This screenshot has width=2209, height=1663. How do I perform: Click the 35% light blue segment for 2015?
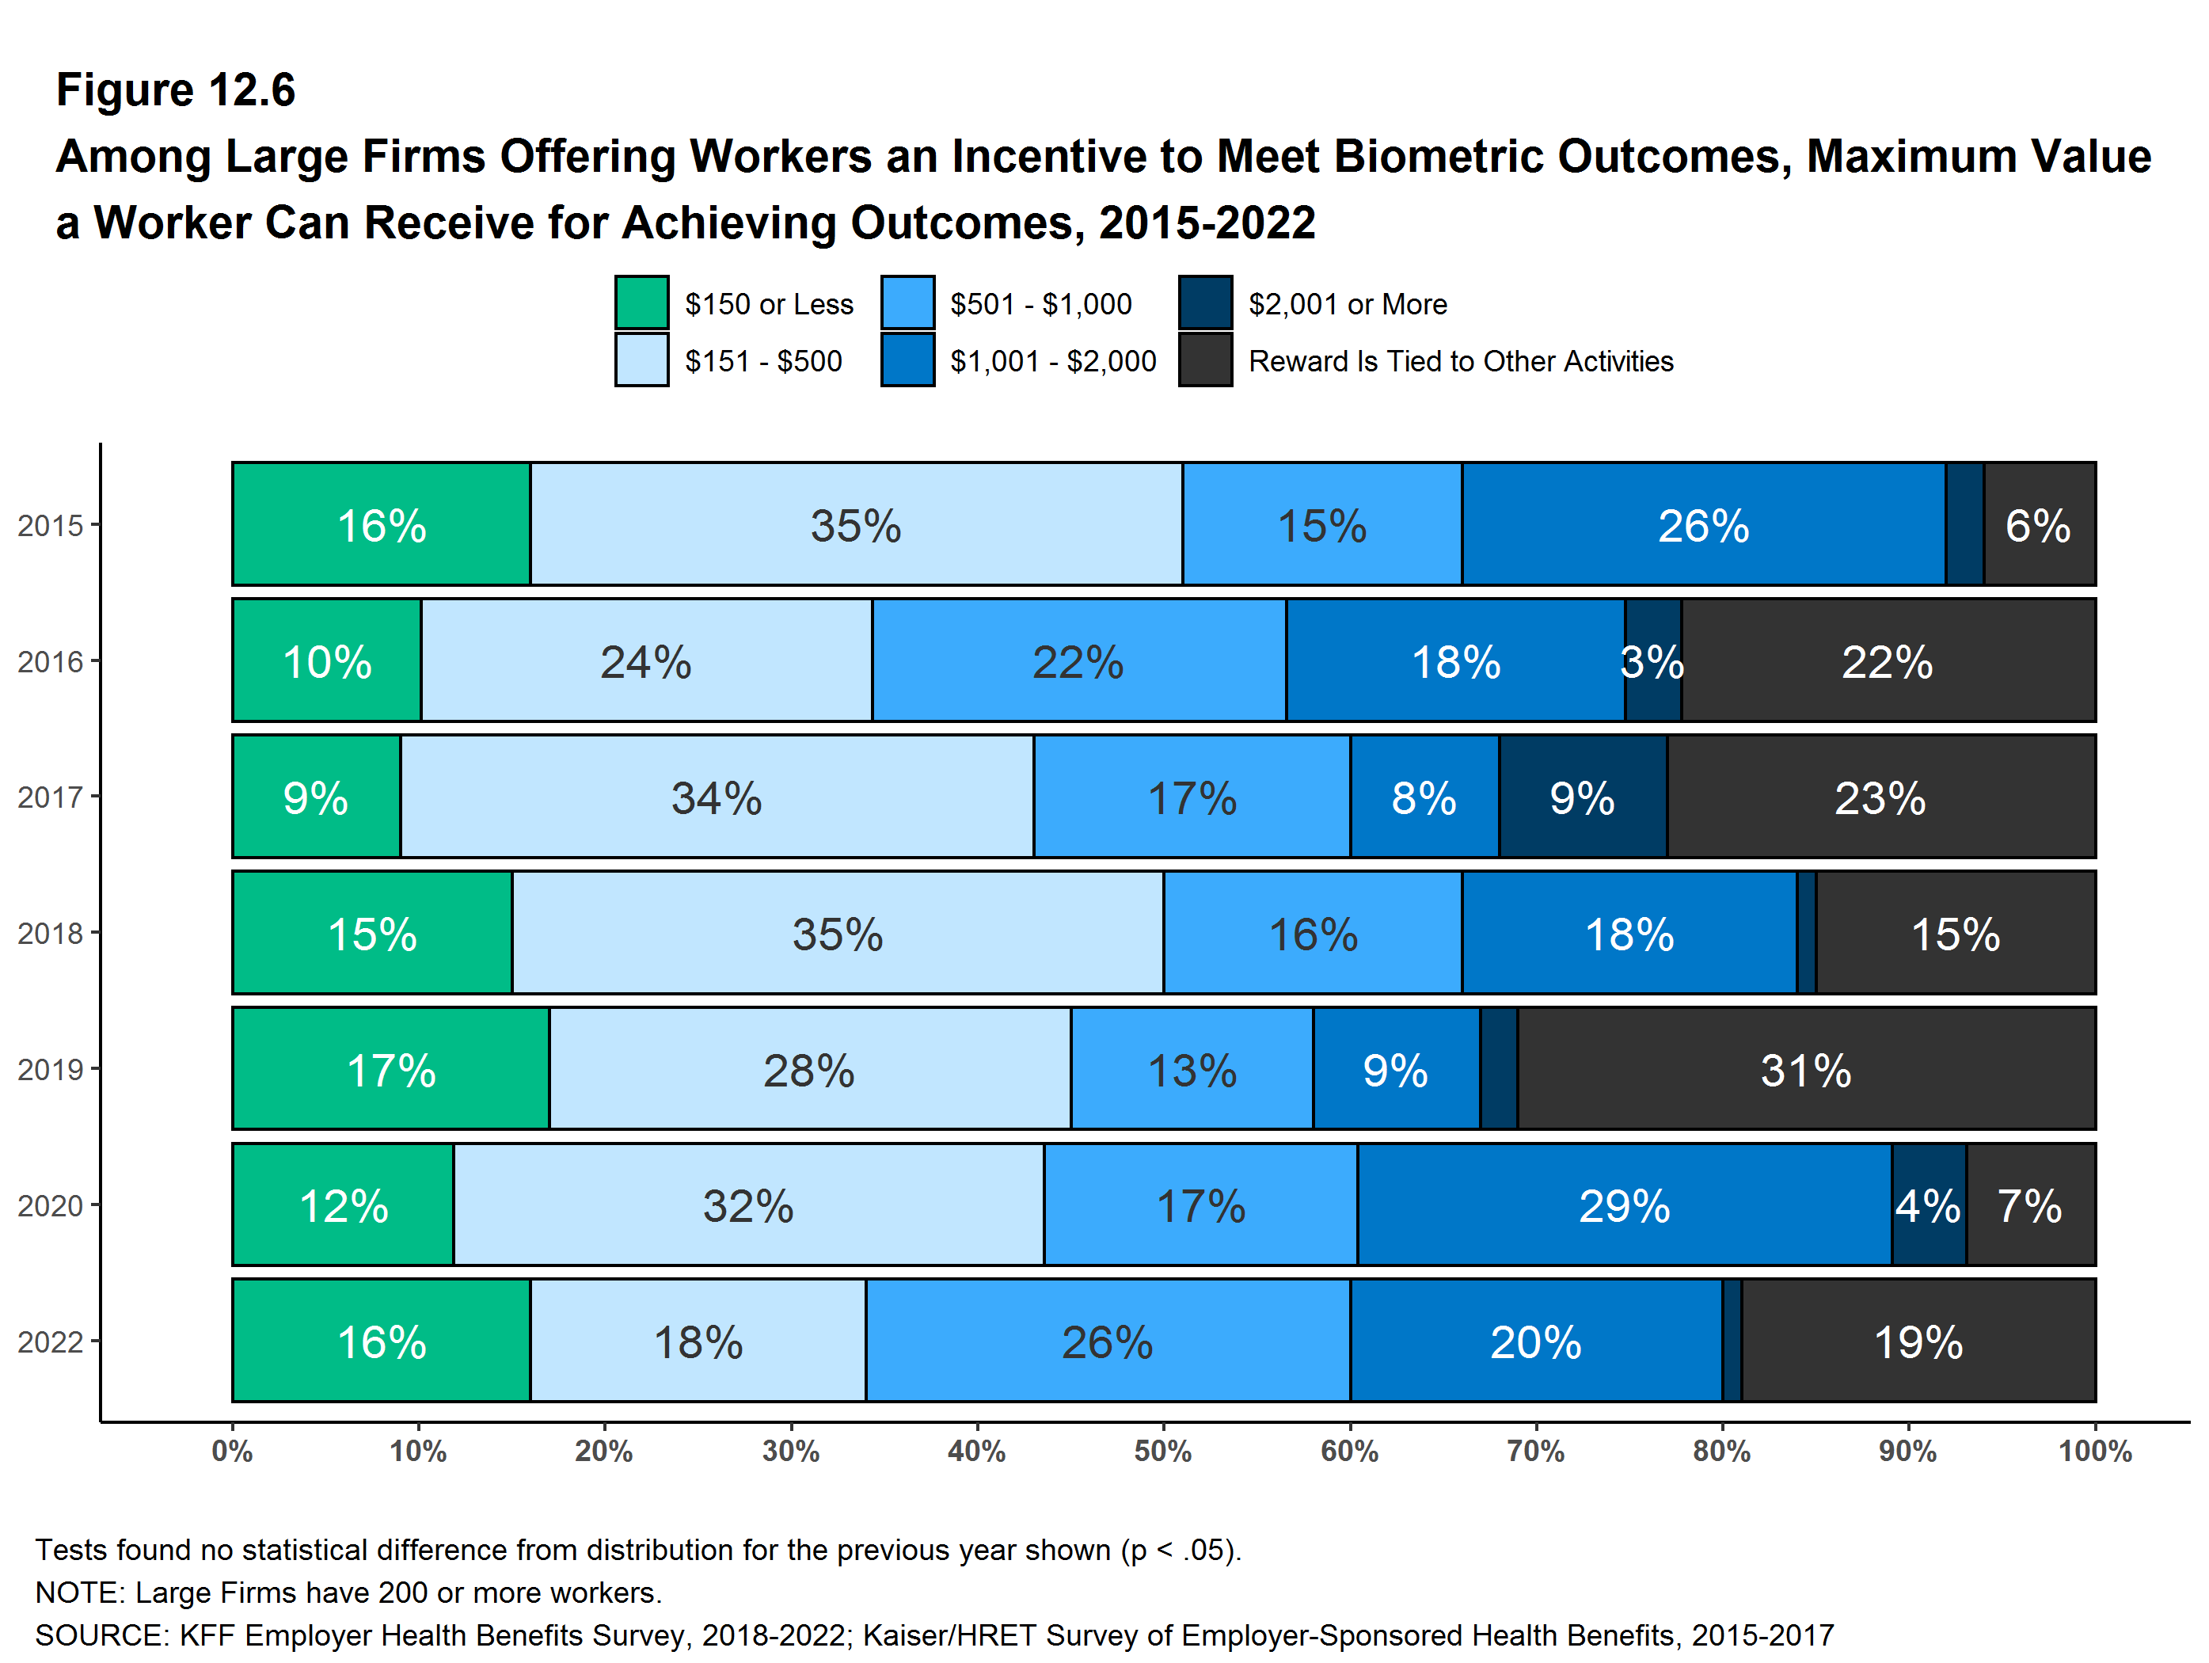click(856, 524)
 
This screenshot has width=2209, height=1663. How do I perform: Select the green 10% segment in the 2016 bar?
click(326, 661)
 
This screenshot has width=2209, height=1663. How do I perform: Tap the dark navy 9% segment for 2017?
click(1582, 797)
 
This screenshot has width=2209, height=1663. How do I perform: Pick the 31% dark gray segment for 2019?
click(1805, 1070)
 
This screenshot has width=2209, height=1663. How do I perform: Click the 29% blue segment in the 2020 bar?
click(1624, 1205)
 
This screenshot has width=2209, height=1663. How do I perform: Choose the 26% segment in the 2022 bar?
click(1107, 1341)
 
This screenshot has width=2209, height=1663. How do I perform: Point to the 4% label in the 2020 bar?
click(1927, 1205)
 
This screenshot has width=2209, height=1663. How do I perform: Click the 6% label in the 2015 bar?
click(2037, 525)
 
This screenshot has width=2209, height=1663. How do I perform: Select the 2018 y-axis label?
click(50, 934)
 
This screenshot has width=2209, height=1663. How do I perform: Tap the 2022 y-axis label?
click(50, 1341)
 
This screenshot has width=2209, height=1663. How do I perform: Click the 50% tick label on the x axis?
click(1162, 1452)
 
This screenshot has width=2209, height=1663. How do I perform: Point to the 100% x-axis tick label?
click(2094, 1452)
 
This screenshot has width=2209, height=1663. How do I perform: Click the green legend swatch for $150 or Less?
click(641, 303)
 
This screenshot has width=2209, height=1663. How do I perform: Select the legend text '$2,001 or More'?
click(1347, 303)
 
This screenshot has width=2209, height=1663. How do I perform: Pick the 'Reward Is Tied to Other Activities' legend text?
click(1460, 360)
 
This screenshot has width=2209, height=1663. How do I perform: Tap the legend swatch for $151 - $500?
click(641, 360)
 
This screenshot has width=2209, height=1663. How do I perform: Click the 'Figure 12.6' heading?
click(176, 90)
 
